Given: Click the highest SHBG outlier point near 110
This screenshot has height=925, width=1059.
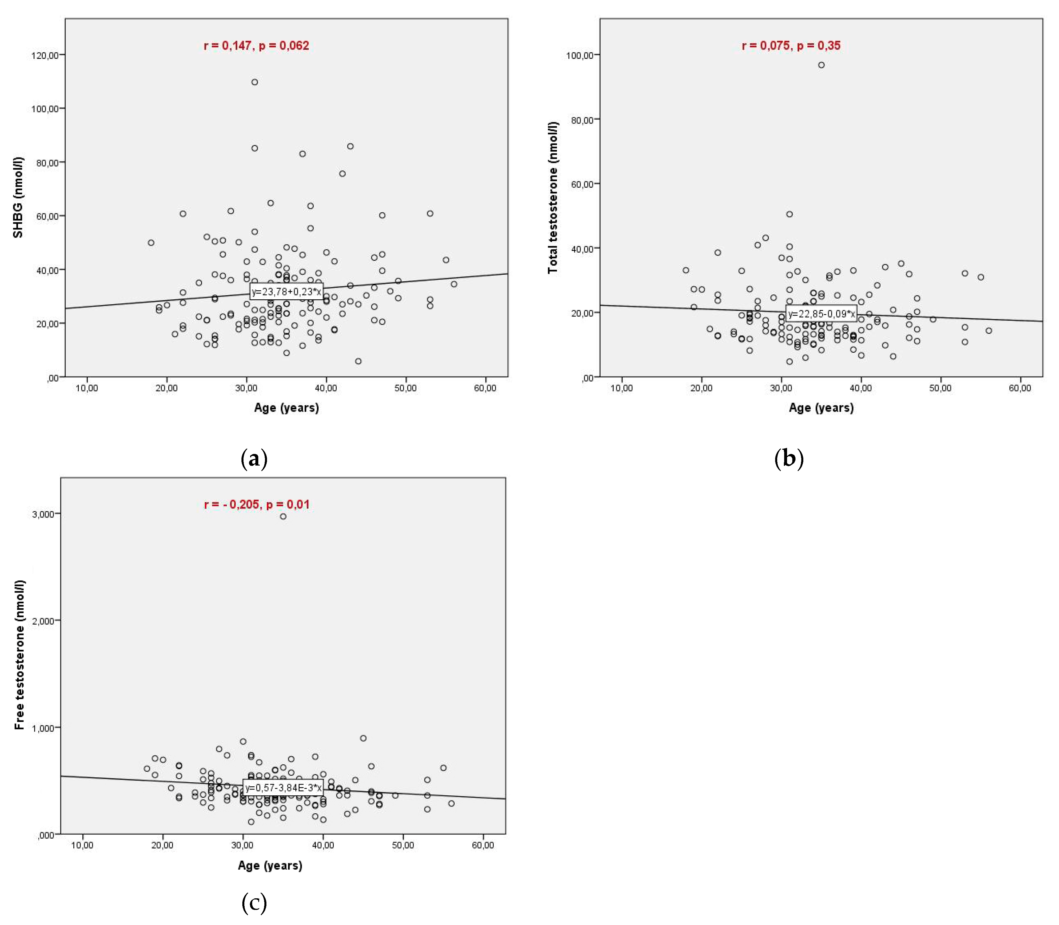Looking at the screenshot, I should [x=255, y=82].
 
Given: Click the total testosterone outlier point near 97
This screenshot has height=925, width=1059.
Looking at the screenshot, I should [x=821, y=65].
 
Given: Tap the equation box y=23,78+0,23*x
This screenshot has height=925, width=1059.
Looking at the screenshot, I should [x=286, y=292].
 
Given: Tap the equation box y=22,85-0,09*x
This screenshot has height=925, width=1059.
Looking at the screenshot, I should [x=821, y=313].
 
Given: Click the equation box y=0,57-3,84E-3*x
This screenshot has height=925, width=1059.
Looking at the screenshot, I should [x=283, y=787].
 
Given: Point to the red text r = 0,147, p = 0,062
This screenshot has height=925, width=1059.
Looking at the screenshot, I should [x=256, y=46].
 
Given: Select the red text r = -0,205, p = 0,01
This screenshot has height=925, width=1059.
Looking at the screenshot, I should [x=257, y=504].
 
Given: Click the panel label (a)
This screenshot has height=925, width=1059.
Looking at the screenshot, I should [x=254, y=458].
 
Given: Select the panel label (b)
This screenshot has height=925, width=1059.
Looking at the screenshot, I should [x=789, y=458].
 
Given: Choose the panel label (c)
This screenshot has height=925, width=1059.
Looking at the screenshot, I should [x=254, y=902].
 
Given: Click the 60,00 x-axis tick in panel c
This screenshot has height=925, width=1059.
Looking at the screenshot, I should [x=482, y=845].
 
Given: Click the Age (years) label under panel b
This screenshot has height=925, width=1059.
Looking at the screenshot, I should [x=821, y=408].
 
